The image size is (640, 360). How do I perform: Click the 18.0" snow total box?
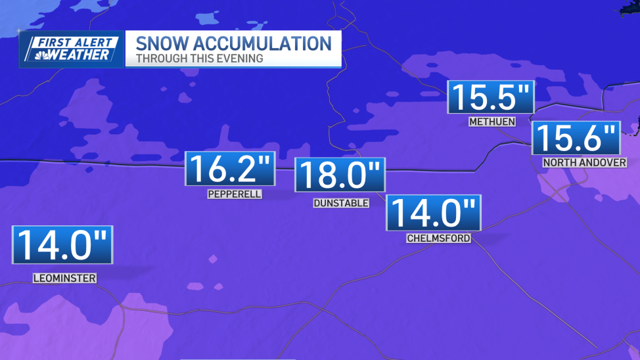point(340,175)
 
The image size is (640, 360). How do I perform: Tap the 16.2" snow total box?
point(229,169)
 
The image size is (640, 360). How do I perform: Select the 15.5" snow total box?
point(491,97)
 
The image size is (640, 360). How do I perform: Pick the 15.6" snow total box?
point(575,139)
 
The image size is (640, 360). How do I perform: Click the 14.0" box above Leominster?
point(62,244)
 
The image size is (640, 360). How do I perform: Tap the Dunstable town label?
point(340,203)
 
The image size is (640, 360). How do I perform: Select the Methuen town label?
point(491,122)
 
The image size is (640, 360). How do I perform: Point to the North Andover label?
point(584,163)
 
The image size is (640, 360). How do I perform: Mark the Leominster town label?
point(64,279)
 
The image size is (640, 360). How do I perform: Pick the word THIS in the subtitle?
point(198,58)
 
